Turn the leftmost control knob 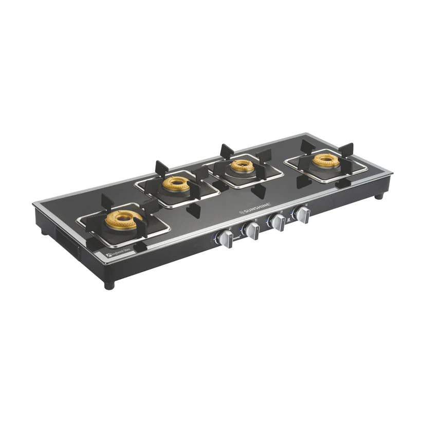point(226,239)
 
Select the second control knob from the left point(253,231)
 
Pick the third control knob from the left point(279,223)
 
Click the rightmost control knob point(303,215)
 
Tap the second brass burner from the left point(177,183)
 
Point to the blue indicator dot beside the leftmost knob point(214,238)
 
